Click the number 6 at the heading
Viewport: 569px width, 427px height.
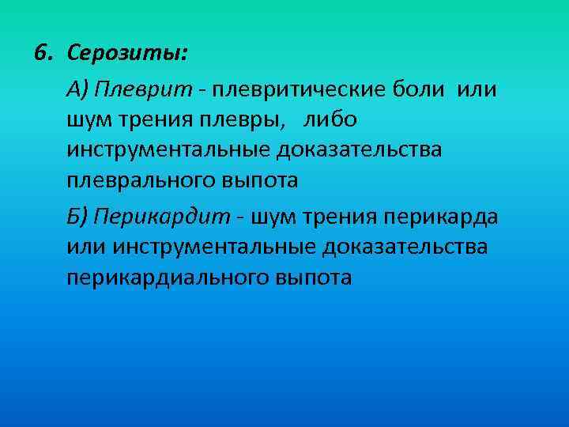(41, 54)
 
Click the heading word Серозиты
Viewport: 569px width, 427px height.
(127, 55)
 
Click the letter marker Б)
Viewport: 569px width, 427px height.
(77, 216)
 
